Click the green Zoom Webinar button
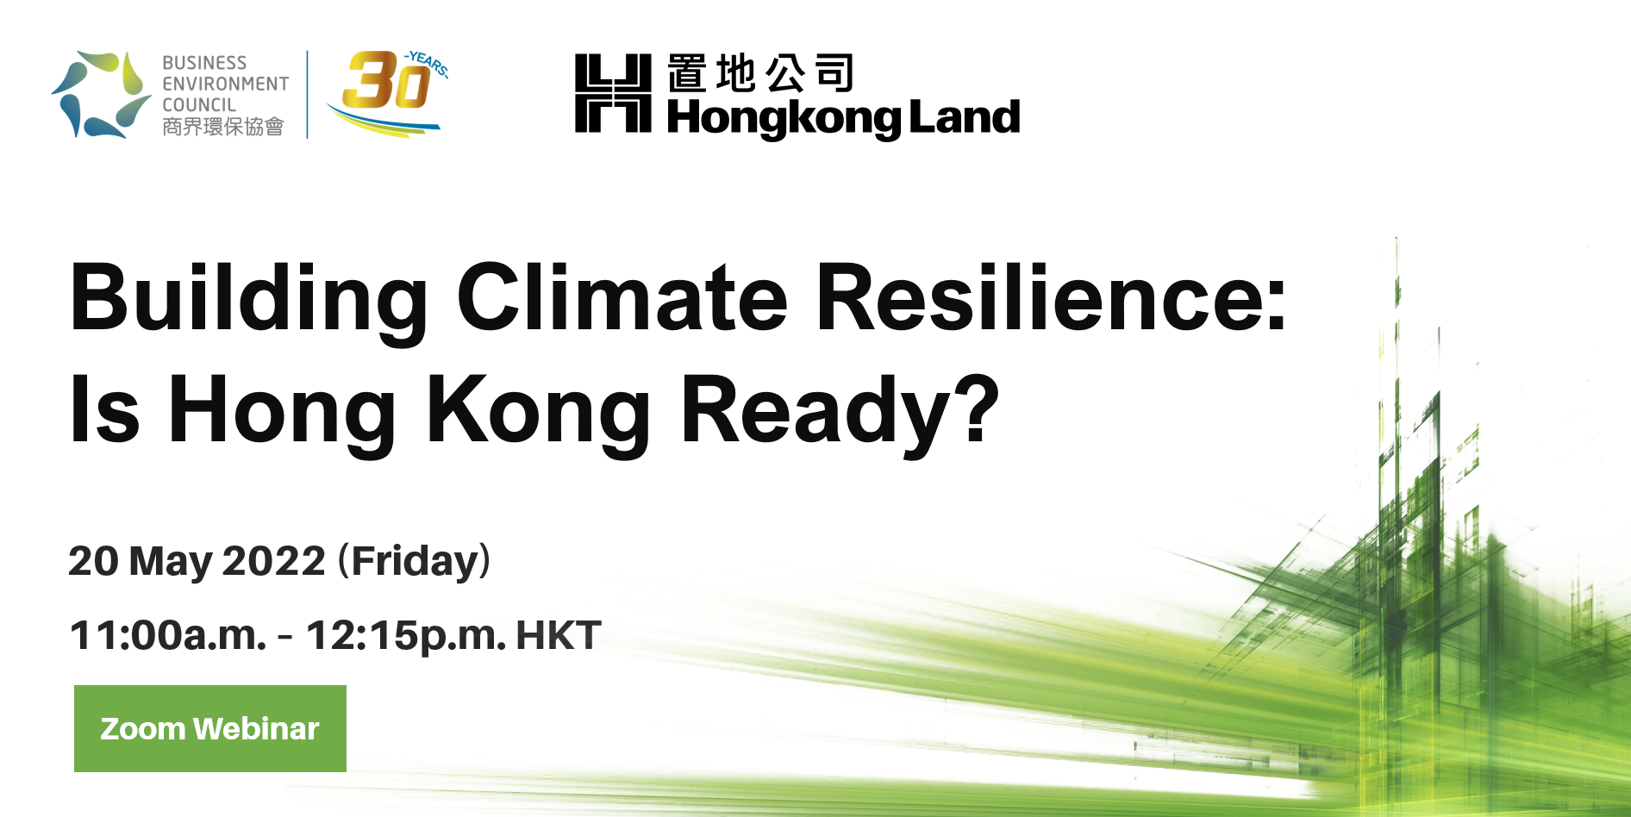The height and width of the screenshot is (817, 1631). [210, 728]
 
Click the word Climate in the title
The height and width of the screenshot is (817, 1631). [622, 297]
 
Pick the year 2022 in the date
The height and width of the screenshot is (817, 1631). [274, 561]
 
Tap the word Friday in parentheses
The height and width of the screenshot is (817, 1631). [415, 561]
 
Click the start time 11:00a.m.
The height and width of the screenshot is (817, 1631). [168, 635]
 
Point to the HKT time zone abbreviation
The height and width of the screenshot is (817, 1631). [559, 635]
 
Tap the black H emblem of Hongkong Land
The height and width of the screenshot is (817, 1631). [613, 93]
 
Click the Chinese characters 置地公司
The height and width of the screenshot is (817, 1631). [760, 73]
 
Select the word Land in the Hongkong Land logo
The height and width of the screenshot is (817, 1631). [965, 116]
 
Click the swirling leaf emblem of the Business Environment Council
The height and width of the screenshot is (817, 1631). [100, 94]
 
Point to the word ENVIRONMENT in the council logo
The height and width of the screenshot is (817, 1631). [226, 84]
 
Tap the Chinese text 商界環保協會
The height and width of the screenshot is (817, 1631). [223, 127]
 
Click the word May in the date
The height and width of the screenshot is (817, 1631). [171, 563]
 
